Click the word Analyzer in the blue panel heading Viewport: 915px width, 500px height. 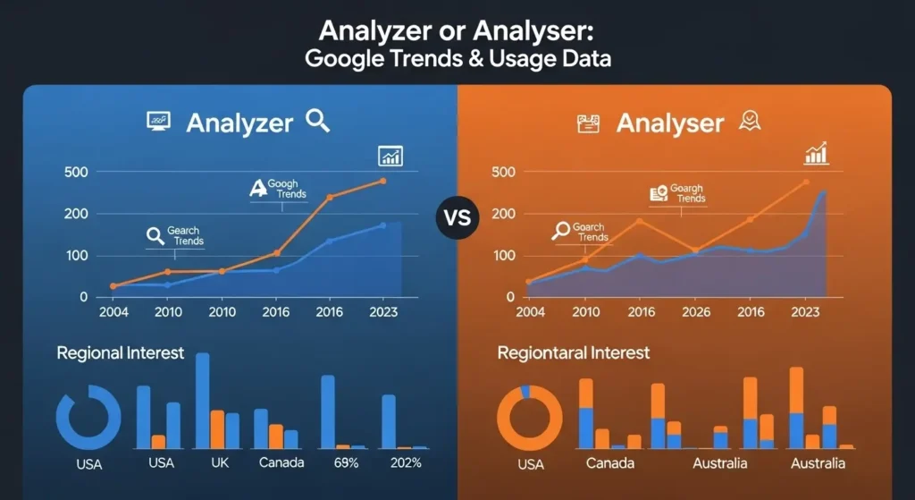coord(239,123)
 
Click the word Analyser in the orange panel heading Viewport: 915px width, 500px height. coord(669,123)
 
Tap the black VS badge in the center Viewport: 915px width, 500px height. coord(457,218)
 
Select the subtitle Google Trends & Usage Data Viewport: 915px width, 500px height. coord(457,60)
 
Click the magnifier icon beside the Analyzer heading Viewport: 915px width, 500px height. coord(317,121)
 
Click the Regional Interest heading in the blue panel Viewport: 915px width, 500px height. coord(120,352)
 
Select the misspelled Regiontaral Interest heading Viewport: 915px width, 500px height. coord(574,352)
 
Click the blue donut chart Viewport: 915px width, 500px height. coord(88,417)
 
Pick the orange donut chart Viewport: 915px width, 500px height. coord(529,417)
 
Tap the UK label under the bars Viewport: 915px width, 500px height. coord(218,463)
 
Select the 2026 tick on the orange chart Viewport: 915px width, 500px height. coord(695,312)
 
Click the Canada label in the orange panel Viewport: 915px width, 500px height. coord(610,463)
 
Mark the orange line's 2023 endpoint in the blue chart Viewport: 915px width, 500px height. coord(383,181)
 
